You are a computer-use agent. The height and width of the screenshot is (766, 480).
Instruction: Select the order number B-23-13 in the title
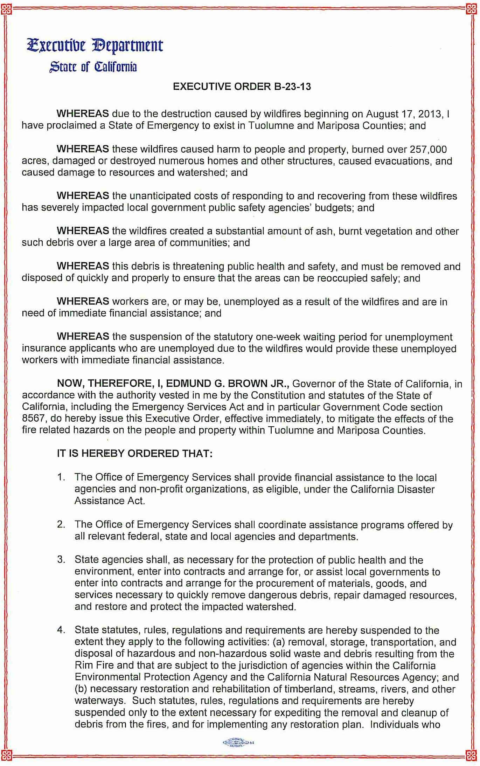pos(291,87)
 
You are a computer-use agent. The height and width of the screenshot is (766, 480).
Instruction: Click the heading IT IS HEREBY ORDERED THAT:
pos(135,454)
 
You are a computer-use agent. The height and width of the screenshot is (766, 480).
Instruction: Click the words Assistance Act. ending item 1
pos(109,501)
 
